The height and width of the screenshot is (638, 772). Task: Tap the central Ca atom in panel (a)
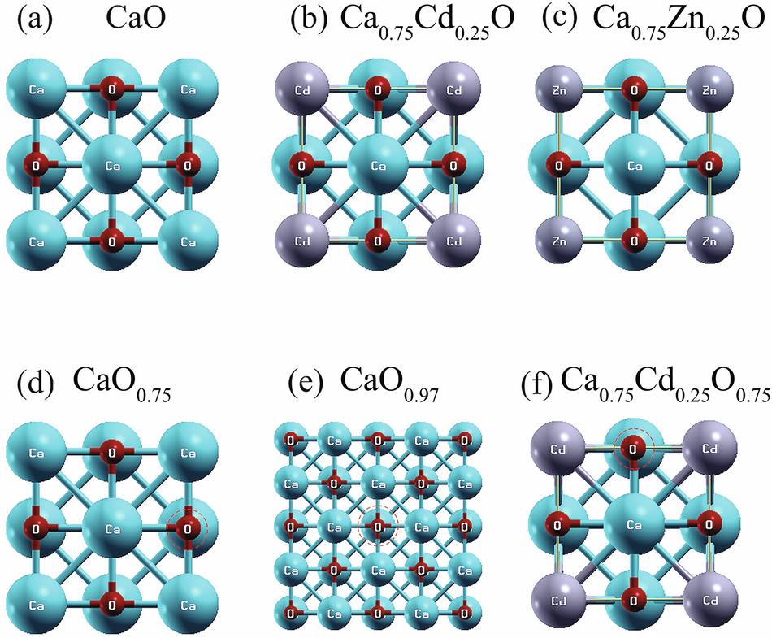[x=112, y=165]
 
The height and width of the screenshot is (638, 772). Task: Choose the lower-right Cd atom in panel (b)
[x=453, y=242]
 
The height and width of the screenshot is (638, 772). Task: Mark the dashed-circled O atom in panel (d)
[x=188, y=529]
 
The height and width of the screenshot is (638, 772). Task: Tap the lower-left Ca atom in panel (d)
[x=36, y=605]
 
